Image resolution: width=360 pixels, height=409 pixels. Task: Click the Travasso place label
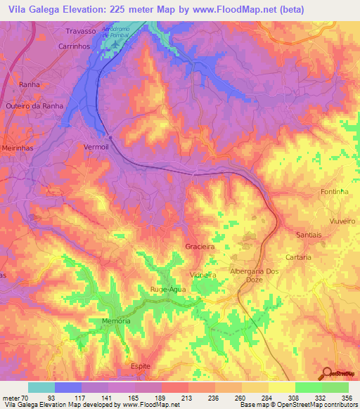coord(79,32)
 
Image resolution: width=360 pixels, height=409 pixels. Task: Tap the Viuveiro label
coord(341,221)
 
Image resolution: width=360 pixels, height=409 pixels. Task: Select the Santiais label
coord(309,235)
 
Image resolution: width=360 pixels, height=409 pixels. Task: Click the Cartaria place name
coord(298,257)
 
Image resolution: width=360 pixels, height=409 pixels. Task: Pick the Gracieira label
coord(200,247)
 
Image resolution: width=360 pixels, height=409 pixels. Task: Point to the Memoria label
coord(117,320)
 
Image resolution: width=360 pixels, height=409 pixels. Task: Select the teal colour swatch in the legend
coord(41,387)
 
